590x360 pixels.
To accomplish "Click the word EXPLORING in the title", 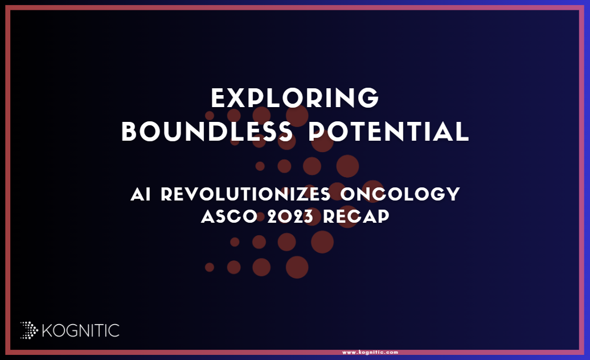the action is pos(295,98).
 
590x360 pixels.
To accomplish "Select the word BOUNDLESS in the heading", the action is pos(207,132).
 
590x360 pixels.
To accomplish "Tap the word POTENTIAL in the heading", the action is pos(389,132).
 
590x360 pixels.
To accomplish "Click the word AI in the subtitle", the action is pos(141,194).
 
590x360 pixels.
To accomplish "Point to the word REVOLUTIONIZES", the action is pos(245,194).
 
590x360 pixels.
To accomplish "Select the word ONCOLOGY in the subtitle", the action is pos(400,194).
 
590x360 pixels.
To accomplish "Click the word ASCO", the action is pos(229,216).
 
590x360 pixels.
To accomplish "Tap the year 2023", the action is pos(290,216).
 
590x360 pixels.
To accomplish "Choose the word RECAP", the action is pos(356,216).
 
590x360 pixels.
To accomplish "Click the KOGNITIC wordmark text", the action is pos(80,330).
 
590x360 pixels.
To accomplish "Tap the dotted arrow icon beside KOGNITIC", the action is pos(29,330).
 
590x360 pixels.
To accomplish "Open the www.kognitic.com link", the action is pos(370,353).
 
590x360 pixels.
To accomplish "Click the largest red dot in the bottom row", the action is pos(297,268).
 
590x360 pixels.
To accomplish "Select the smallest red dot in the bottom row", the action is pos(210,268).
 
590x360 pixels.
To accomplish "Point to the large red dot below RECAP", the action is pos(322,242).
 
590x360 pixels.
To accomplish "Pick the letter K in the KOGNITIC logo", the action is pos(47,330).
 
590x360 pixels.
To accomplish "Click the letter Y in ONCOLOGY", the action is pos(453,194).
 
